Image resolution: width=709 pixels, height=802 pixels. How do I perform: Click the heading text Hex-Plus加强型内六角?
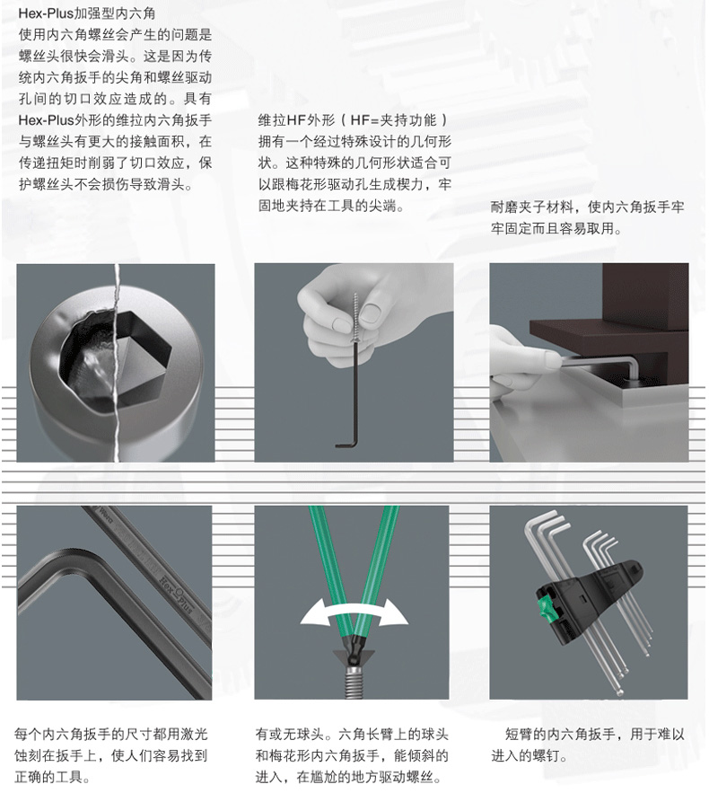point(87,13)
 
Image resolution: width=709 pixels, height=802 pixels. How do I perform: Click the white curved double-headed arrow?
point(354,613)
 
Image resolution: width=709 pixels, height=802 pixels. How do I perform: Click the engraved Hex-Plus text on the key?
point(178,595)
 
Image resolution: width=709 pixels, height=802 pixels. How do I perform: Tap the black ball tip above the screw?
point(352,646)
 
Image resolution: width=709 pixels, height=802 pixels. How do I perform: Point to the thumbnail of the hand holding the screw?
point(373,309)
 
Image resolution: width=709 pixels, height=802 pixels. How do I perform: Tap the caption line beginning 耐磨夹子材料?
point(587,207)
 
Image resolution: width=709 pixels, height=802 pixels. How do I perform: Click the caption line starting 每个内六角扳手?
point(111,735)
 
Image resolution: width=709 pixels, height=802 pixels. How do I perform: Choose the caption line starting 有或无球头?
point(352,735)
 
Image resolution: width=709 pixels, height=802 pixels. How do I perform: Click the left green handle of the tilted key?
point(328,568)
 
